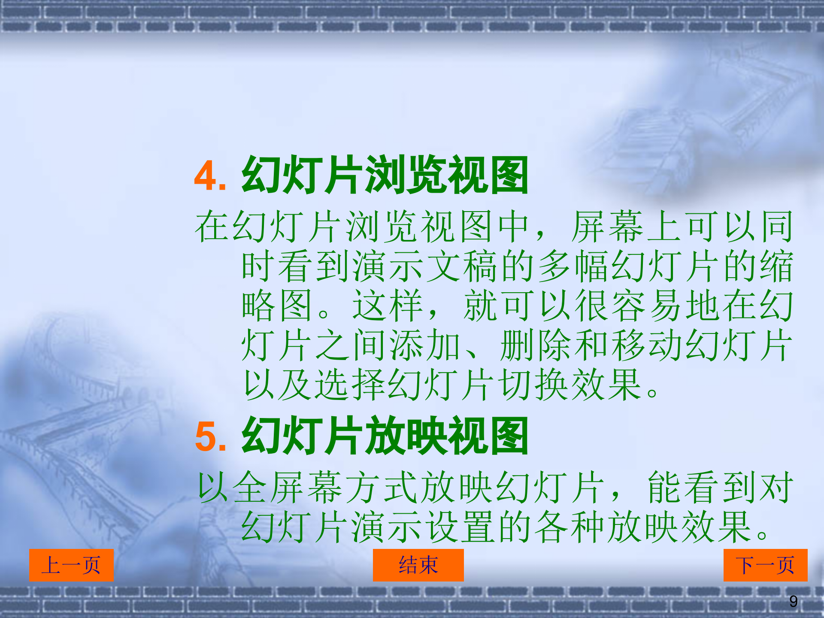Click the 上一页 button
coord(71,565)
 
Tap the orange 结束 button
coord(418,565)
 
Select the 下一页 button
coord(765,565)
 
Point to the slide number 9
coord(794,601)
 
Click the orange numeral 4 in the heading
coord(205,176)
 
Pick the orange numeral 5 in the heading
coord(205,437)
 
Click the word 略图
coord(277,306)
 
